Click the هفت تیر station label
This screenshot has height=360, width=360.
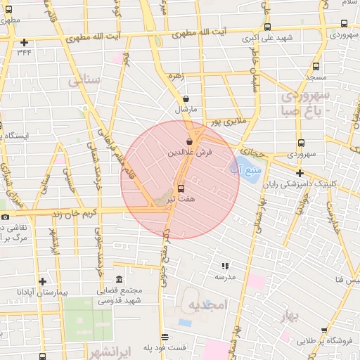tap(181, 200)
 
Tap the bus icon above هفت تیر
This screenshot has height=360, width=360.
tap(181, 188)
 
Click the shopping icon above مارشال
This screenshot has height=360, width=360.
tap(185, 99)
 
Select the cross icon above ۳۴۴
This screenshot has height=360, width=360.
tap(25, 42)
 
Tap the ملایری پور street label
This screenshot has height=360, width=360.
tap(229, 122)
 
